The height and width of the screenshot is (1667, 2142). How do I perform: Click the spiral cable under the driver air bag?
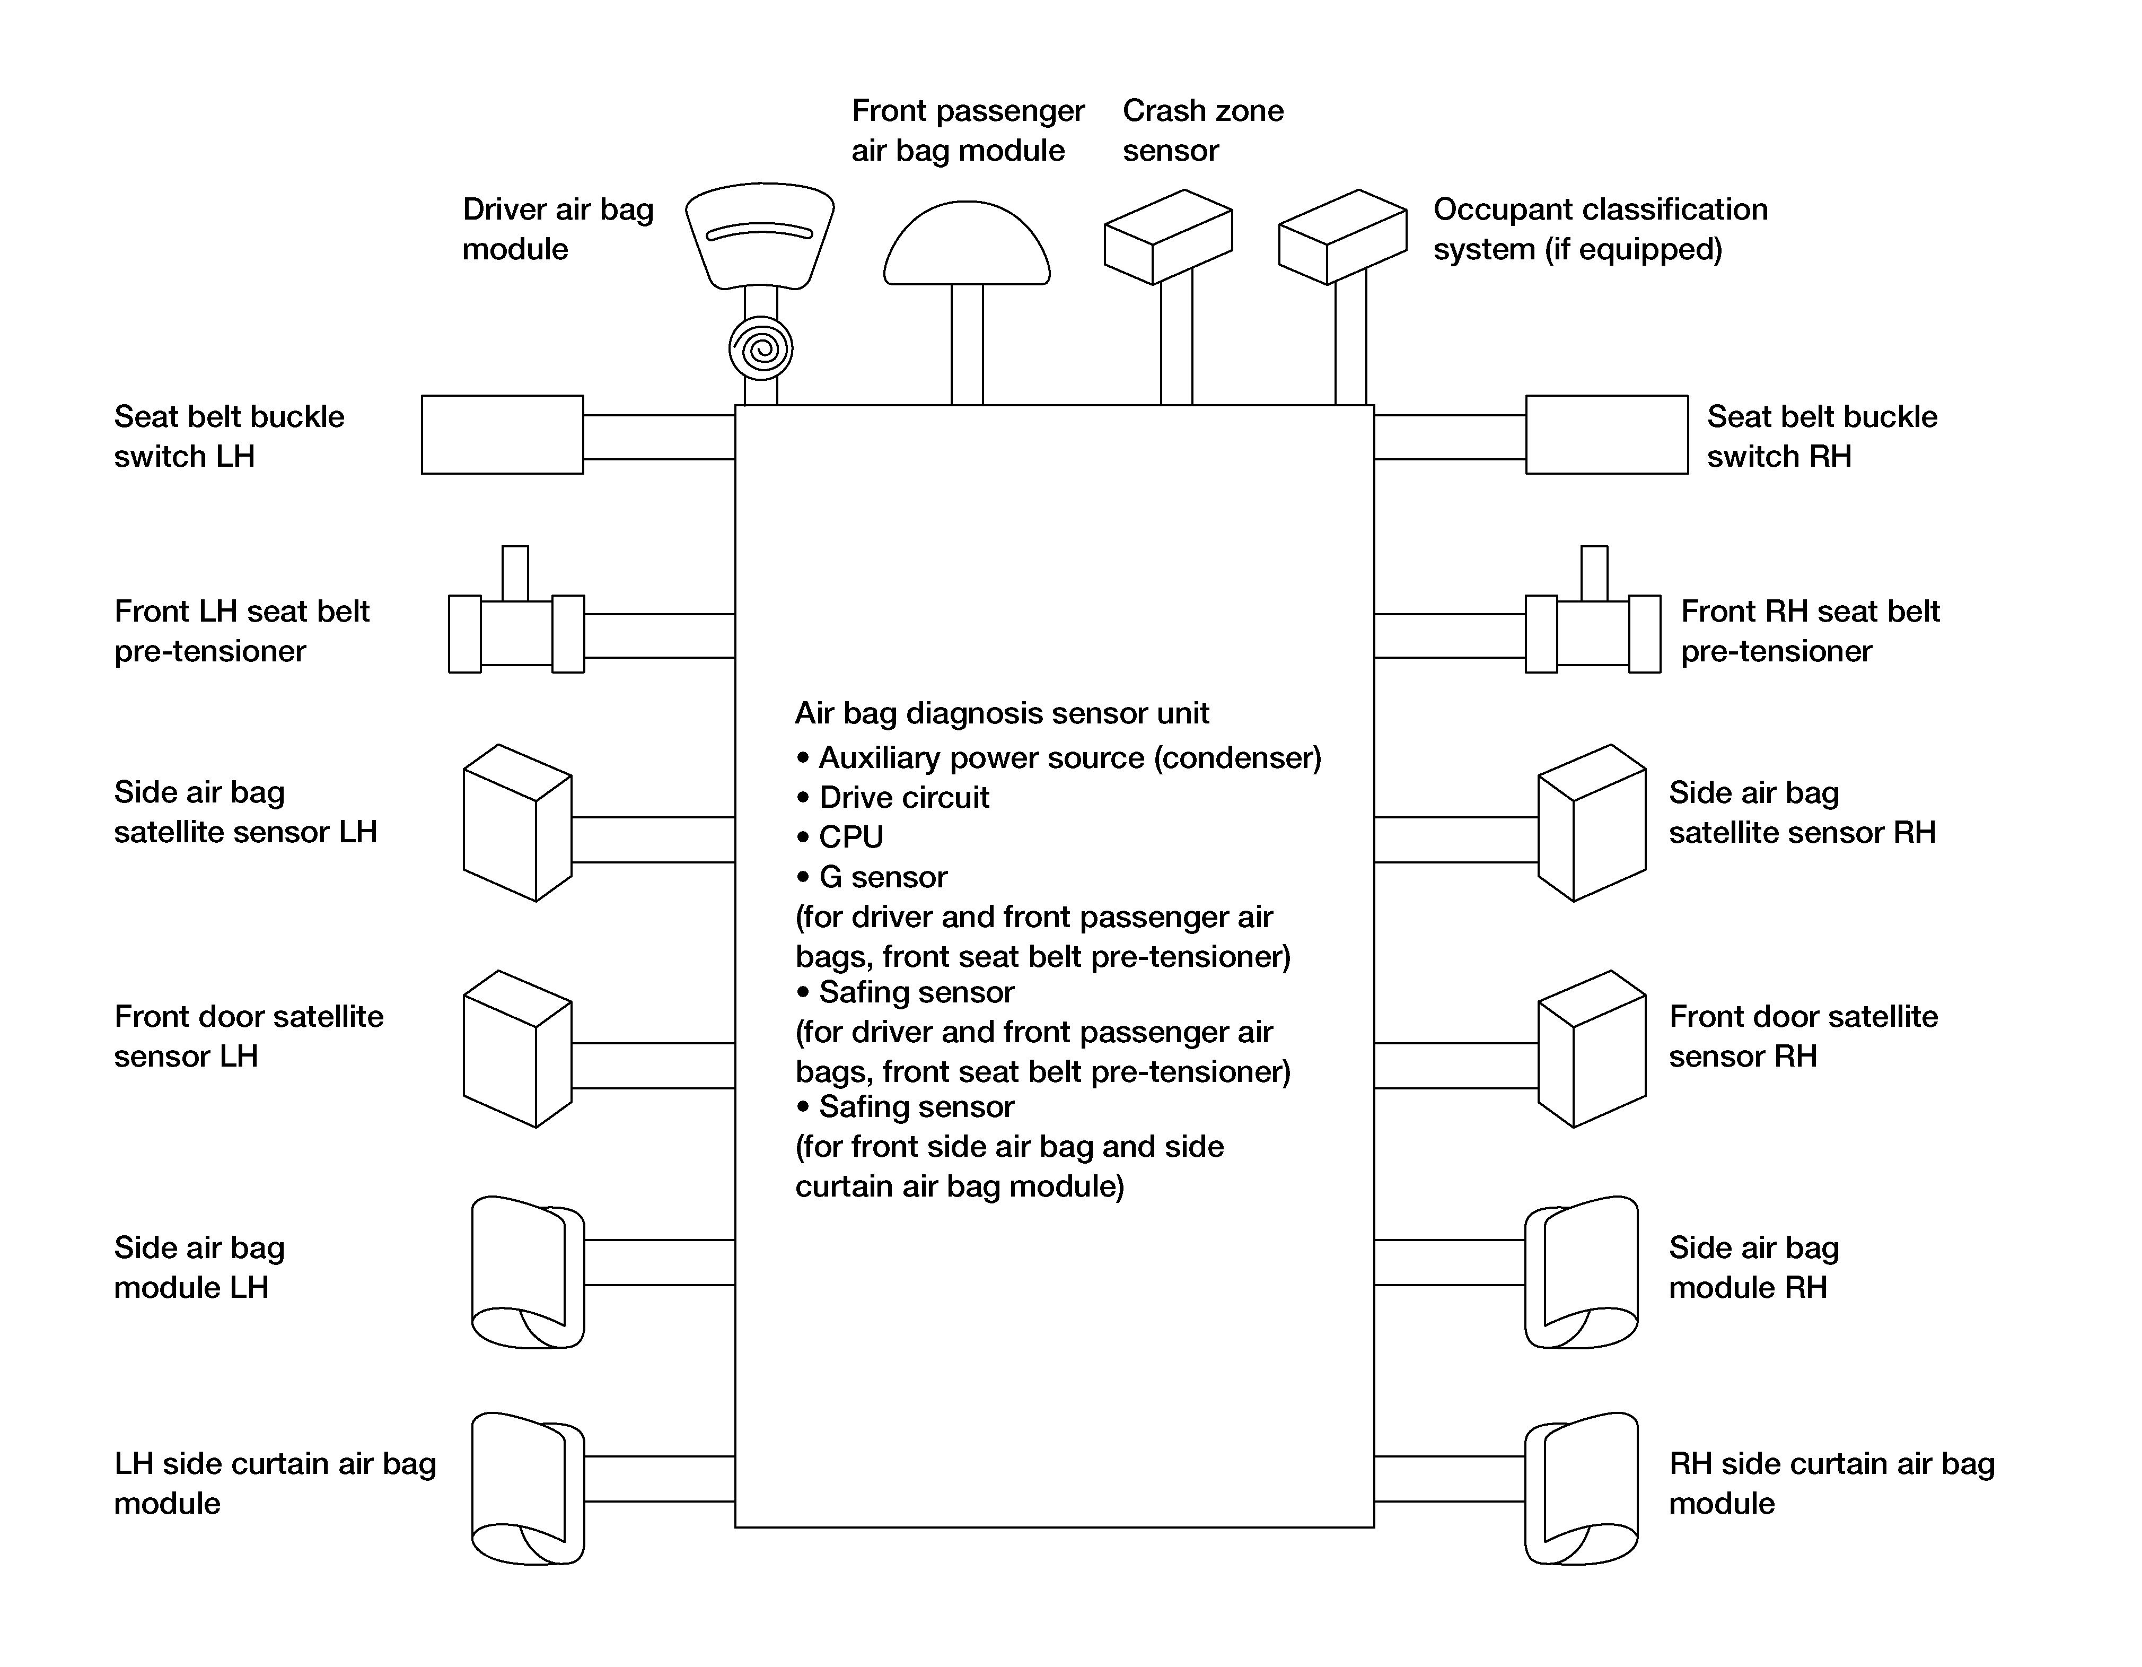tap(760, 348)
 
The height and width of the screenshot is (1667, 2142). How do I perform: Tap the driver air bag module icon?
tap(760, 235)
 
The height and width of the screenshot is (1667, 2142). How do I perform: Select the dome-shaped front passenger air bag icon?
tap(967, 243)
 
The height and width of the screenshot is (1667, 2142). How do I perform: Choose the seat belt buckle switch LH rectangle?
tap(502, 435)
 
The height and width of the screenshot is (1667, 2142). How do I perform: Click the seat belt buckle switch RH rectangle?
tap(1606, 435)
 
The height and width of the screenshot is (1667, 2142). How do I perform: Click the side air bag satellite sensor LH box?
tap(517, 822)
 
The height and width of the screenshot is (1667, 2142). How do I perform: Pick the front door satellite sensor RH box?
tap(1592, 1049)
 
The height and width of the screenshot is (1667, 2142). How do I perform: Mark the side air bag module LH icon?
tap(528, 1271)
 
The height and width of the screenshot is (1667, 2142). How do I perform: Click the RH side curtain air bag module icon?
tap(1581, 1488)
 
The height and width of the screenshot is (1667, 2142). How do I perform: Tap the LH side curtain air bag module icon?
tap(528, 1488)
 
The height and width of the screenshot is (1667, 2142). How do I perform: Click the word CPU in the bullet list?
tap(851, 837)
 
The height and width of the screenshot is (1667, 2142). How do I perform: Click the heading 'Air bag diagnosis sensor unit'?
tap(1002, 713)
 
